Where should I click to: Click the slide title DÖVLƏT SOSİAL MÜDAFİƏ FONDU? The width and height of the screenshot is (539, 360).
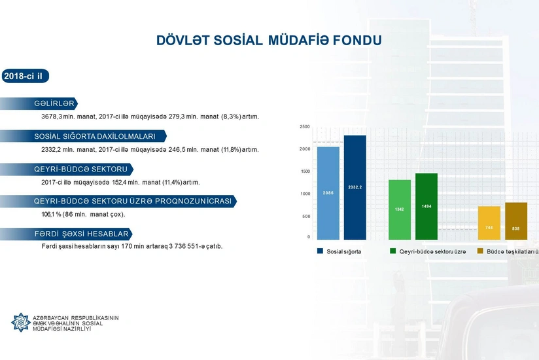pos(269,41)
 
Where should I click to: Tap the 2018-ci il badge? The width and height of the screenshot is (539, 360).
pos(24,77)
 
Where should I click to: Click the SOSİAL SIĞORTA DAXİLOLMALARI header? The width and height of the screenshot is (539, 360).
pos(95,136)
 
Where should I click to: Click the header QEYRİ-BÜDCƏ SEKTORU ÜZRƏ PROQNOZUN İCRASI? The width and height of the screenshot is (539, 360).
pos(133,201)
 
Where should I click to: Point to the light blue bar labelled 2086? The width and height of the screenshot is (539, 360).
pos(328,193)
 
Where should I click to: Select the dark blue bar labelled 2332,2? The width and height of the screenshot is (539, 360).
pos(355,188)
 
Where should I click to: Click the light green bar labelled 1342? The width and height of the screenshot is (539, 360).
pos(400,209)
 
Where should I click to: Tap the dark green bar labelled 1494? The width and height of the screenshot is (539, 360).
pos(426,206)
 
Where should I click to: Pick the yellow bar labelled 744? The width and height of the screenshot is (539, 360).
pos(489,223)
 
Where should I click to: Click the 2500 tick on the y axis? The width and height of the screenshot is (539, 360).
pos(305,126)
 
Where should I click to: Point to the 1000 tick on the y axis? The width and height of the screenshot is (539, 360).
pos(305,194)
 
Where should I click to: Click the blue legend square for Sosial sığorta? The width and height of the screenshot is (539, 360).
pos(321,251)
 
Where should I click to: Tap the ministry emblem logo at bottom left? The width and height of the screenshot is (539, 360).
pos(20,322)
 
